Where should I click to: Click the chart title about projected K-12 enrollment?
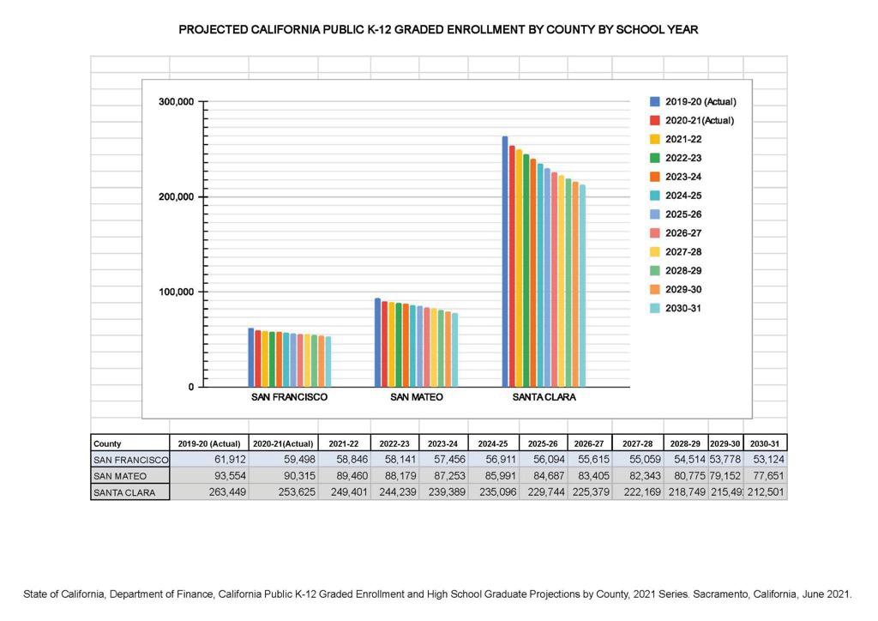tap(438, 30)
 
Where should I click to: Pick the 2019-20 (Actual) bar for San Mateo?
tap(378, 342)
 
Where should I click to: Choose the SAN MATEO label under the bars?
tap(417, 398)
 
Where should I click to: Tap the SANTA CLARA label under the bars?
tap(544, 398)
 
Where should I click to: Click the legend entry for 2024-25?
tap(683, 196)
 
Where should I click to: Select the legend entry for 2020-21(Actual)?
tap(699, 120)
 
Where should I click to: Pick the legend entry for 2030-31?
tap(683, 309)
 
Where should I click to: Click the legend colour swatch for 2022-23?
tap(654, 158)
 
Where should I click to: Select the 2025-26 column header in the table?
tap(543, 443)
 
